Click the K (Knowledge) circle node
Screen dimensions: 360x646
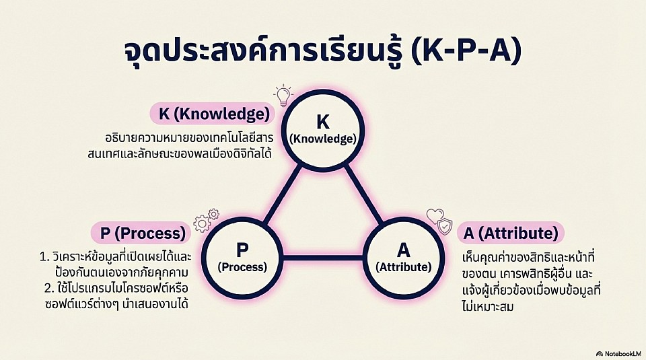323,129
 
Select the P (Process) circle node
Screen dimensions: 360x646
242,256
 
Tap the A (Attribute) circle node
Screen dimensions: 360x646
403,256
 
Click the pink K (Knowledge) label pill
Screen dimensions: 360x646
214,114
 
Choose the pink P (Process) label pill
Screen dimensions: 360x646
142,233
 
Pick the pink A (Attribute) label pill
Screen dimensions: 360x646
511,233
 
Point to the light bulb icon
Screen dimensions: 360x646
283,96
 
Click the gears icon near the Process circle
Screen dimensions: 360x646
206,221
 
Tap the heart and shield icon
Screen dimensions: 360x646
439,220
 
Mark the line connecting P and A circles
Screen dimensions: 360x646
323,258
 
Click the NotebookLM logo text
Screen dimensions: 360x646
618,353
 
